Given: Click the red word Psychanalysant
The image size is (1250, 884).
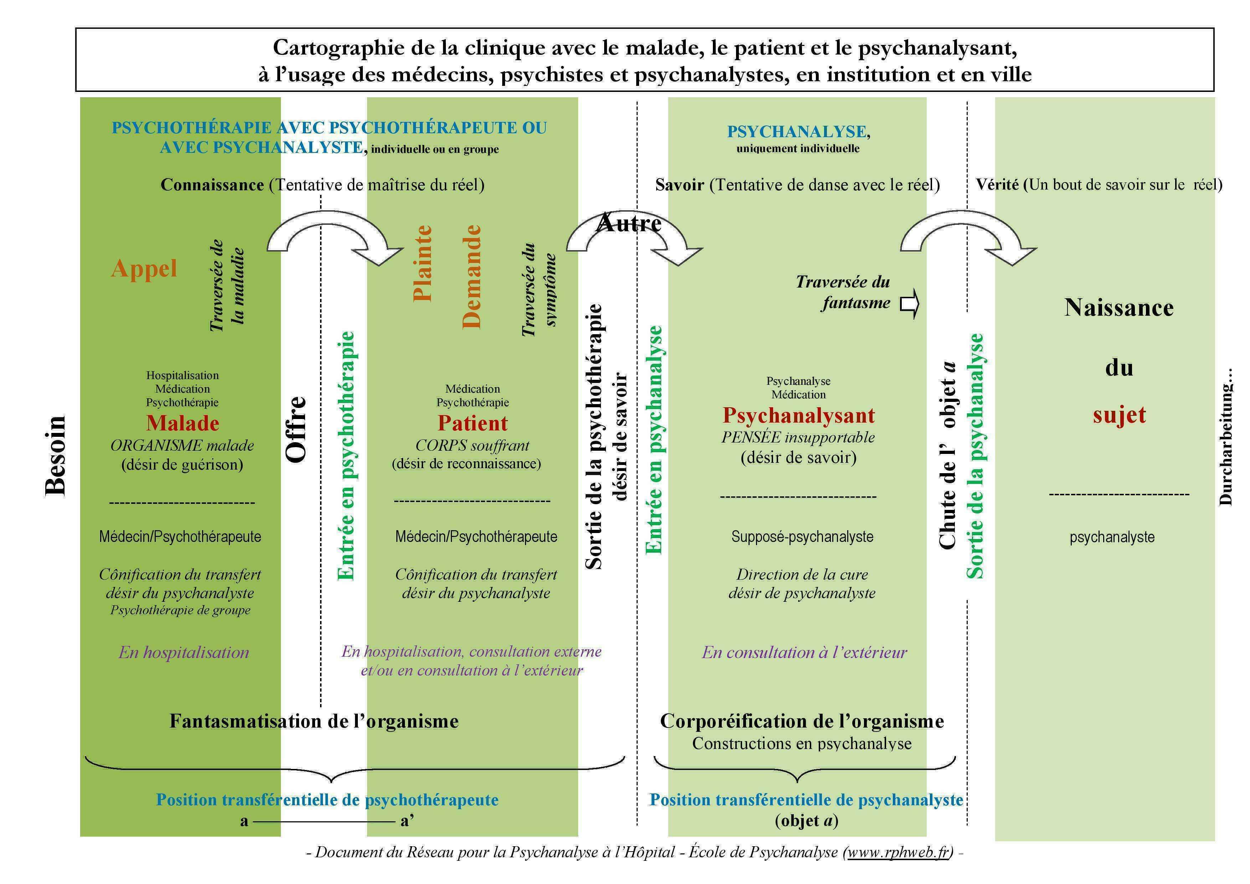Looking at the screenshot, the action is (x=799, y=415).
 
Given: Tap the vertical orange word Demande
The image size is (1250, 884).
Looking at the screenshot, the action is (x=472, y=276).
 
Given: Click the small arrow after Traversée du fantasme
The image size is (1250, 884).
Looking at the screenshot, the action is (x=910, y=304).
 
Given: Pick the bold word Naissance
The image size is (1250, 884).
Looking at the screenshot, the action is (x=1119, y=307).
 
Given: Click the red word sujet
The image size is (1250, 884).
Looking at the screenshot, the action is (x=1119, y=415).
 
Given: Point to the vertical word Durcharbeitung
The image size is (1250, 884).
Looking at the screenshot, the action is (x=1225, y=437).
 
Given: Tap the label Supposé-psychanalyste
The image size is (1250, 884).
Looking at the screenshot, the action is (x=802, y=537).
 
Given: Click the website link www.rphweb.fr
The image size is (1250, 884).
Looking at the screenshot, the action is (x=898, y=852).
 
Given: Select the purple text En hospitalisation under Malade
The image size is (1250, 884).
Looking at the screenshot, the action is (x=184, y=652).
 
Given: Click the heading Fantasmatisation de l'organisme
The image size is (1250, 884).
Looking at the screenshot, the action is (x=314, y=721).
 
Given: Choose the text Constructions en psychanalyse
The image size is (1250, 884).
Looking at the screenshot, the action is (x=802, y=744).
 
